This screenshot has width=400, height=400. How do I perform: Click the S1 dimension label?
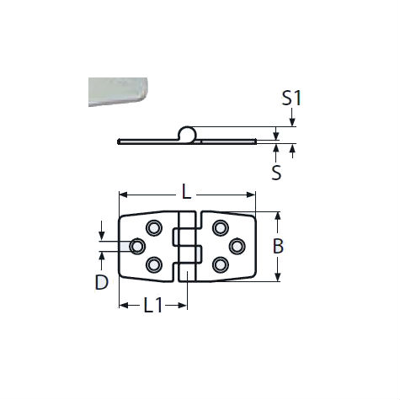click(x=291, y=98)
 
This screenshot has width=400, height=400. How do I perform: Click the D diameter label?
click(x=101, y=283)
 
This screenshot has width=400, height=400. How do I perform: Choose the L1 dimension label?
click(x=152, y=307)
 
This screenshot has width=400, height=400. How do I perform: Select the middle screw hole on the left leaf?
click(x=136, y=246)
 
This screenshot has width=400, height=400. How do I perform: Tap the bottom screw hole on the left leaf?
click(x=153, y=264)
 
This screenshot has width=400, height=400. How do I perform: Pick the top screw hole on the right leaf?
click(x=221, y=227)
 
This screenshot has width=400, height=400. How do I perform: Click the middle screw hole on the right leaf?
click(x=237, y=246)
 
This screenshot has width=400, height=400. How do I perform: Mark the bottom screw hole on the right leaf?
click(x=221, y=264)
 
